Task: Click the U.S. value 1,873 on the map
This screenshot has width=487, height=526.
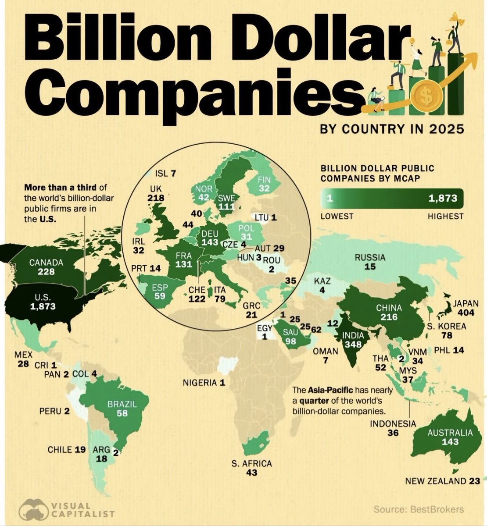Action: pos(43,306)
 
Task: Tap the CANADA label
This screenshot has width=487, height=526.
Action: pos(46,263)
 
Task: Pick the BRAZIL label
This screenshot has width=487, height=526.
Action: pos(123,404)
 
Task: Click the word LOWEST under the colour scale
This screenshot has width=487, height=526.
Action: pos(337,216)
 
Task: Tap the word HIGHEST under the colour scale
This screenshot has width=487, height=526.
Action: pos(445,216)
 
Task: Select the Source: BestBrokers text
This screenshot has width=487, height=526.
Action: pos(419,509)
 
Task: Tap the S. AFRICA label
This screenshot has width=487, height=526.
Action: pos(252,463)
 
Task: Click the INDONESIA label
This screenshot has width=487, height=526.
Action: pos(393,423)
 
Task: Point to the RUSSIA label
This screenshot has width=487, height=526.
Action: pos(370,258)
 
